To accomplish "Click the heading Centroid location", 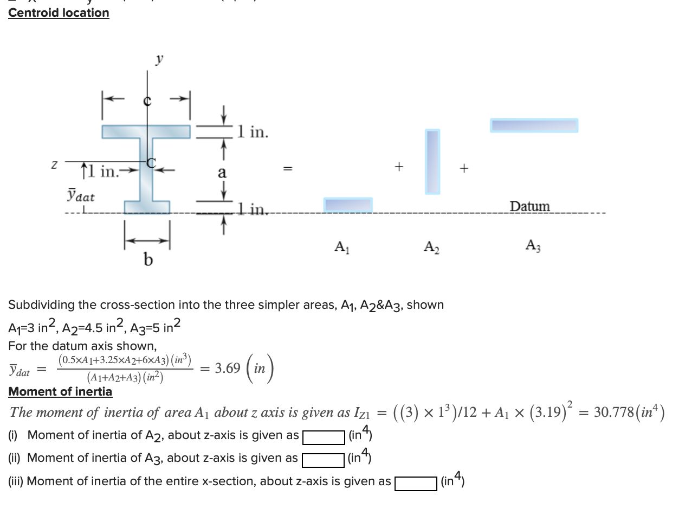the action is (x=59, y=12).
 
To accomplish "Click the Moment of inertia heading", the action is (x=60, y=391).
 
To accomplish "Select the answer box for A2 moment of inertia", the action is (x=324, y=436).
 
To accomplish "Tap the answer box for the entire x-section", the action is (x=416, y=483).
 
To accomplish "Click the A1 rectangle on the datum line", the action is (x=348, y=205).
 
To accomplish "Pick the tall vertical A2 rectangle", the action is (x=432, y=161).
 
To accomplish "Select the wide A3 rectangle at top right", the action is (x=534, y=125).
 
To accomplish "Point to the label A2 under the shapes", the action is (x=432, y=247).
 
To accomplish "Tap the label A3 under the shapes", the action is (x=533, y=246).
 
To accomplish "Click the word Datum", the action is (x=529, y=206).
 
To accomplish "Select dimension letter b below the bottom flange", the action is (x=147, y=261).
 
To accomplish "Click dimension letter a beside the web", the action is (x=222, y=173).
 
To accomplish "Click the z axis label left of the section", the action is (x=54, y=163).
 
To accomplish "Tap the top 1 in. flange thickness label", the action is (x=252, y=132).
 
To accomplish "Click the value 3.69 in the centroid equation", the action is (x=228, y=369).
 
